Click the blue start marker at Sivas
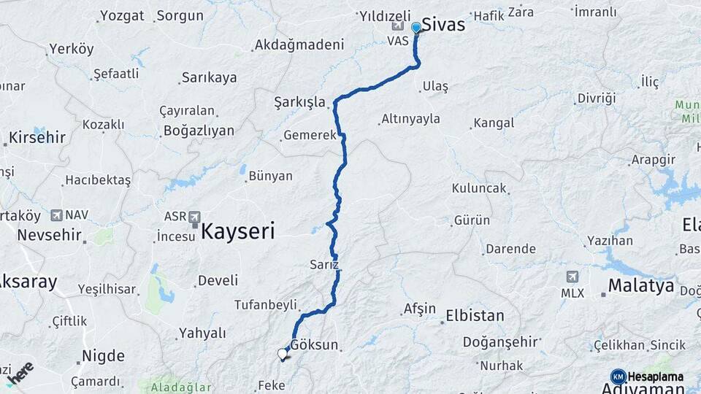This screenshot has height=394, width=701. click(416, 28)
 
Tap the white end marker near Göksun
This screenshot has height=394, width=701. click(283, 354)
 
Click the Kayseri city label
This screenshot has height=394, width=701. click(238, 232)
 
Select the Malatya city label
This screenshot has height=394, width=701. click(641, 285)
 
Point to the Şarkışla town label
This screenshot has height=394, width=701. click(299, 101)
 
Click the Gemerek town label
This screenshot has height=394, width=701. click(310, 135)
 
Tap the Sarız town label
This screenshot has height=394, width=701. click(324, 264)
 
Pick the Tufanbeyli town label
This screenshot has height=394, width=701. click(266, 304)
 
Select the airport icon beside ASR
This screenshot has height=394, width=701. click(195, 217)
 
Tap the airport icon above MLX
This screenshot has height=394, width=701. click(572, 277)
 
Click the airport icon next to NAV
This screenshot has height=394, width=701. click(56, 215)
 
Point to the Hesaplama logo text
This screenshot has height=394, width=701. click(655, 376)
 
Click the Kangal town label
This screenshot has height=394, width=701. click(494, 123)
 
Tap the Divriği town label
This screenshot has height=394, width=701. click(597, 98)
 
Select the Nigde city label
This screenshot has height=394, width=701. click(103, 356)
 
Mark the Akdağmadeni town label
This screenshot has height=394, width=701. click(299, 45)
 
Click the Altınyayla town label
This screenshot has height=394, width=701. click(410, 118)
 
